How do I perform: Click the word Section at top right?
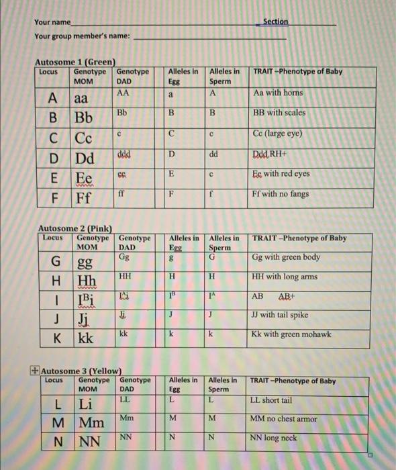pos(275,21)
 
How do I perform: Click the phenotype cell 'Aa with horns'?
pos(278,93)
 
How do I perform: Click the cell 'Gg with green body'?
pos(286,257)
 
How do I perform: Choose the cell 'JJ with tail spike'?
pos(285,316)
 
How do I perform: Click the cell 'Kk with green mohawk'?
pos(291,334)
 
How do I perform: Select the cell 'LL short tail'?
pos(271,400)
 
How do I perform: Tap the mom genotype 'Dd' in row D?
pos(84,160)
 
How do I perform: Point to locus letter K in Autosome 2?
pos(58,336)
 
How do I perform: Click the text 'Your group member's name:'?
pos(83,36)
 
